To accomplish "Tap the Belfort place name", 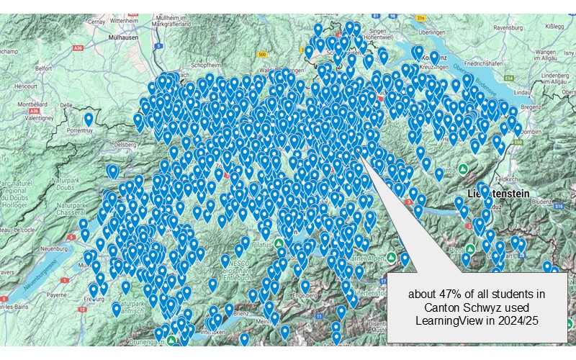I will click(45, 68).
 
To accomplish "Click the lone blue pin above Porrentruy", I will click(89, 118).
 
